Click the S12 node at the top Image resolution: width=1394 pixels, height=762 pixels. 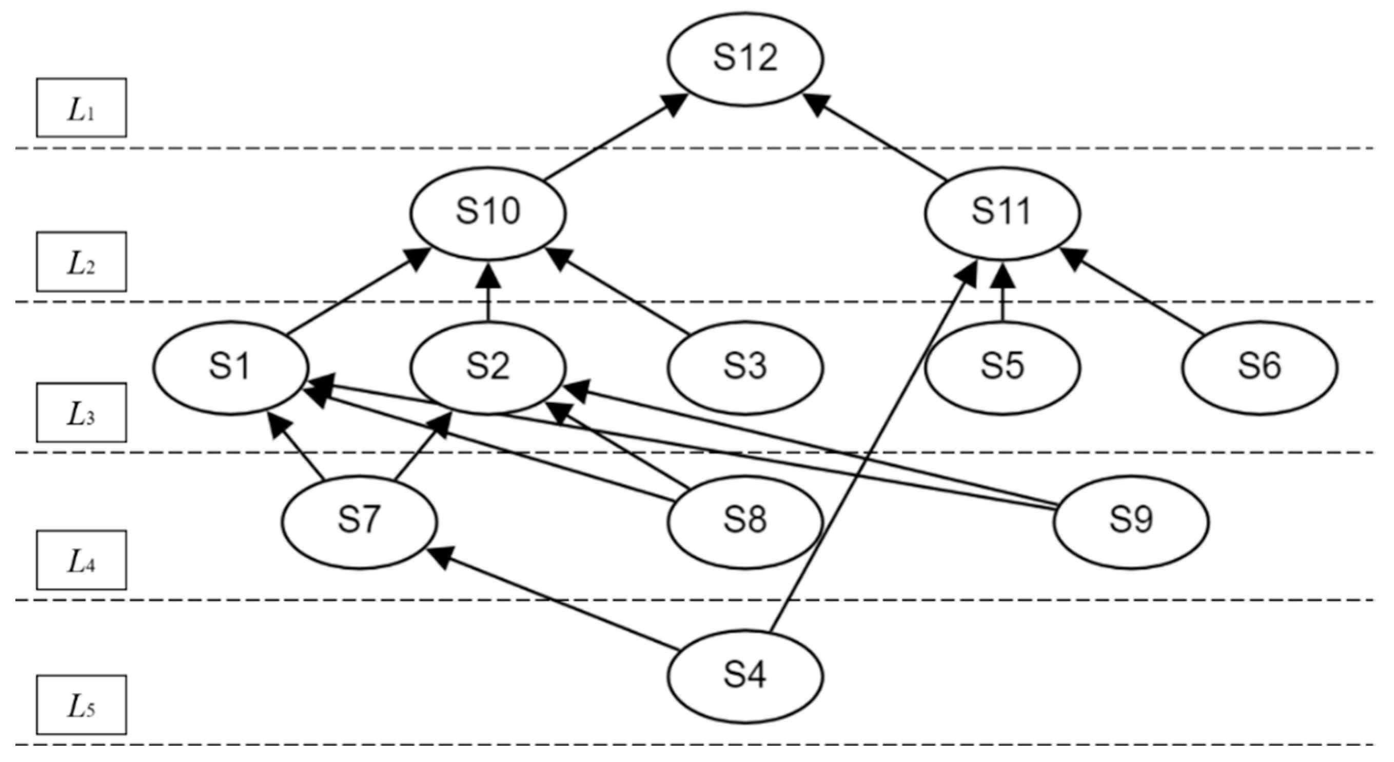[x=745, y=58]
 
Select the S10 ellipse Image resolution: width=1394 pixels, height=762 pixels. [x=487, y=212]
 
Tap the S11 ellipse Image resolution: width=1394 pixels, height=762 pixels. [x=1002, y=212]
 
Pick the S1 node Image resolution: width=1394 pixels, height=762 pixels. [x=230, y=367]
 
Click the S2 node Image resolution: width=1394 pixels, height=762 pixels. [x=487, y=367]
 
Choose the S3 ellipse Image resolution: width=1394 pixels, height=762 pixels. [x=745, y=367]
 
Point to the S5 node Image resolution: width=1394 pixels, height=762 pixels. [x=1002, y=367]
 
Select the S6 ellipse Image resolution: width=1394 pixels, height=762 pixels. [x=1259, y=367]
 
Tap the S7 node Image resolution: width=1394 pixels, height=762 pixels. [x=359, y=521]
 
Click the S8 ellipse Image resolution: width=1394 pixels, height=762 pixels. [x=745, y=521]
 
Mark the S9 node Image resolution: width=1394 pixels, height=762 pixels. [x=1131, y=521]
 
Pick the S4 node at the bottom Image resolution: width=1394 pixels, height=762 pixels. [x=745, y=676]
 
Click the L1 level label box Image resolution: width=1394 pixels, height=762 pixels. [x=82, y=108]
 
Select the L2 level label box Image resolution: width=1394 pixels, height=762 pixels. [x=82, y=261]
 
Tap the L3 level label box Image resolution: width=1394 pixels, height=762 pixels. [x=82, y=413]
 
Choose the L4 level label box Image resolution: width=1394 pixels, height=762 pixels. [x=82, y=560]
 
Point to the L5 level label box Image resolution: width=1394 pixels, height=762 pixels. [x=82, y=704]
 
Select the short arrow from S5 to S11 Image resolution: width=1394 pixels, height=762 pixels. [x=1002, y=295]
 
